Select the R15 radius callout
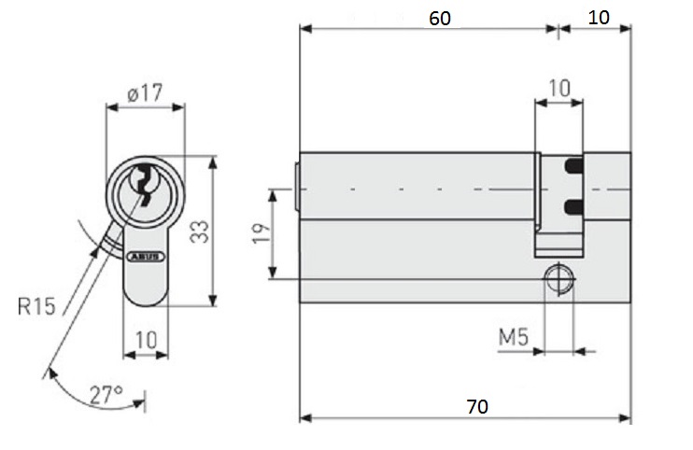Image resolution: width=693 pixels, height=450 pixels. point(36,304)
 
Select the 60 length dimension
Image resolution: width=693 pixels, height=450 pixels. point(445,18)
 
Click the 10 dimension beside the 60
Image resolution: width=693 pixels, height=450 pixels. point(600,18)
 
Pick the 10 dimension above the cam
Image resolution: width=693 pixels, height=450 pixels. point(559,89)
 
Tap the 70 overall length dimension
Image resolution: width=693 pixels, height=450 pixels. point(476,407)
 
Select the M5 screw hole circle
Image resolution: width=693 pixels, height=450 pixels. point(559,278)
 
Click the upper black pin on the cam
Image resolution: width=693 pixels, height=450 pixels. point(574,167)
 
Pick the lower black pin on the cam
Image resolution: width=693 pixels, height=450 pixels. point(574,204)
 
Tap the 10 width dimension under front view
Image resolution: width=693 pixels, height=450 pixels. point(146,340)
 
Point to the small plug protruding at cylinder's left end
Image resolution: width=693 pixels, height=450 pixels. point(296,188)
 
